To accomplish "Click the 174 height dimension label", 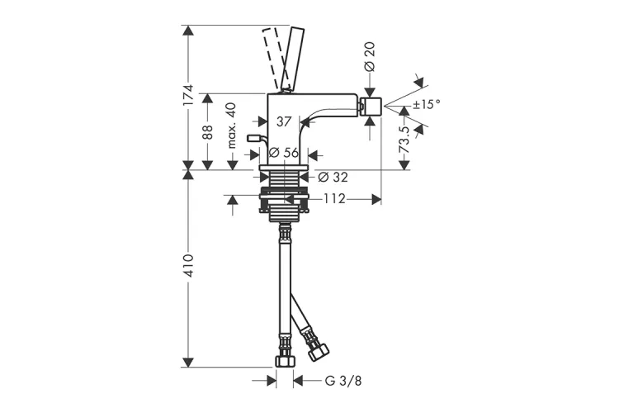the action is point(189,95).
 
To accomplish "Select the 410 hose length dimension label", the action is point(189,266).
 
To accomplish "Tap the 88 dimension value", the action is point(208,132).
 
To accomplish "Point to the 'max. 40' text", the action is point(232,126).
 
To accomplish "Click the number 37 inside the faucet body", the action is point(283,121).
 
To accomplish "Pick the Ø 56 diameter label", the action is point(283,153).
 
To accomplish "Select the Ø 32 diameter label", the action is point(333,177).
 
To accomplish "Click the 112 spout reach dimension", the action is point(335,198).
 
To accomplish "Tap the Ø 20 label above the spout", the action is point(370,56).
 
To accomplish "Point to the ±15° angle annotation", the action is point(427,104).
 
